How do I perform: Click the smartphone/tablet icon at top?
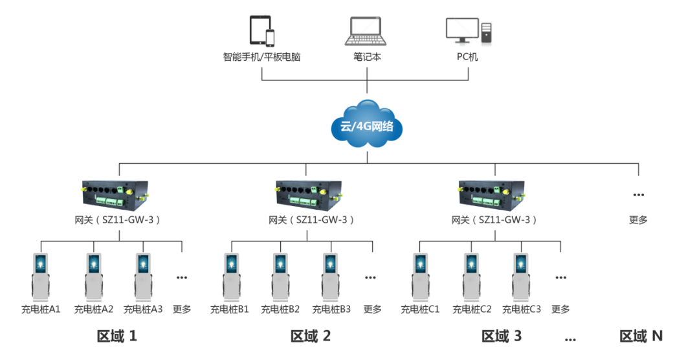point(261,30)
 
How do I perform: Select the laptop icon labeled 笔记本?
point(366,30)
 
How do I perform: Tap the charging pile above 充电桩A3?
point(143,277)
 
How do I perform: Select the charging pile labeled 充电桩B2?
point(280,277)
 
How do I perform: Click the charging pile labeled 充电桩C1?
point(421,277)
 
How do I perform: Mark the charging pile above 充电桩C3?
point(522,277)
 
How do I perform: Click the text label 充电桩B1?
point(230,309)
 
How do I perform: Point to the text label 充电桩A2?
point(94,309)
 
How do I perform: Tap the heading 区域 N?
point(641,336)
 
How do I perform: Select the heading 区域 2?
point(311,336)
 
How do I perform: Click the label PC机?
point(467,57)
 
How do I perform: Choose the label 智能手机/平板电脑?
point(261,57)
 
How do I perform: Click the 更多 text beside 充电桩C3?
point(560,309)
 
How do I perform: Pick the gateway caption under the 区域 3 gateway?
point(495,220)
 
